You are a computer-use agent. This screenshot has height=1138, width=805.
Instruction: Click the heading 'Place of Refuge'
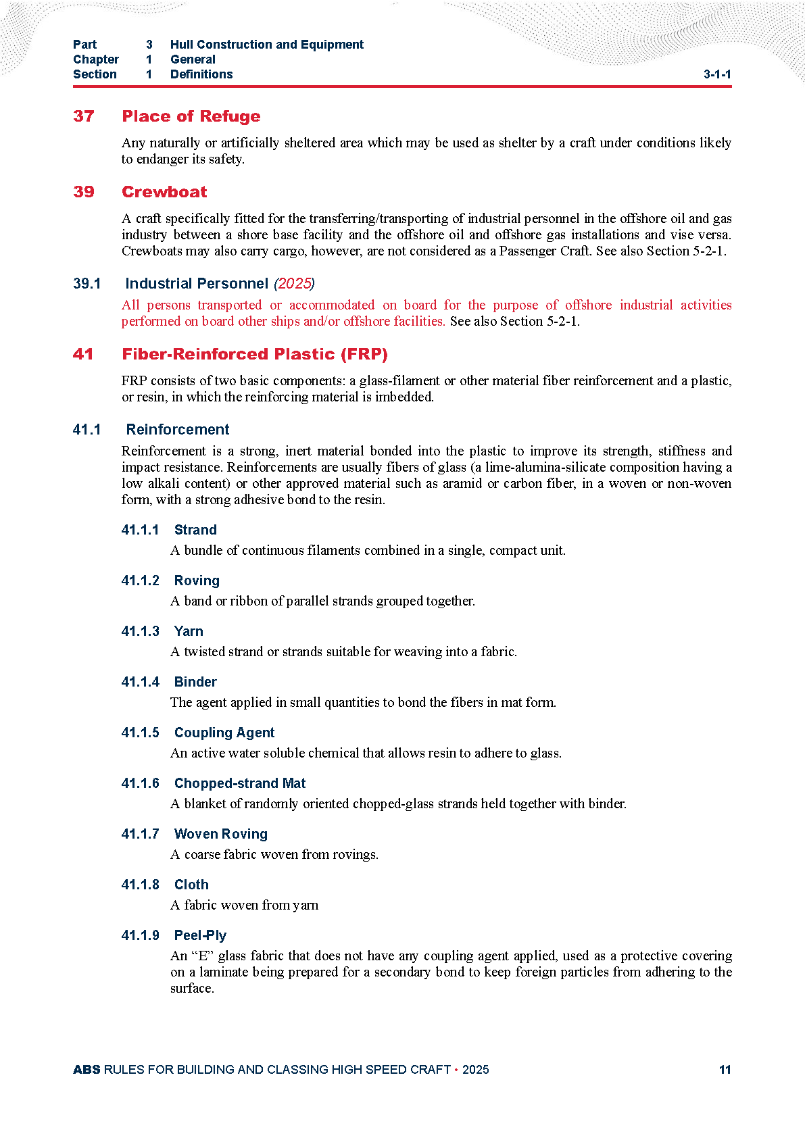191,116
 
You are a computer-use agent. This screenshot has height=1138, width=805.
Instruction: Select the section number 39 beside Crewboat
84,192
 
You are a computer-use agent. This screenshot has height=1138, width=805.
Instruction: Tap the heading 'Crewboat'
164,192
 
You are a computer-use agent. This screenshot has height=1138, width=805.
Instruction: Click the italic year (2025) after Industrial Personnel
294,284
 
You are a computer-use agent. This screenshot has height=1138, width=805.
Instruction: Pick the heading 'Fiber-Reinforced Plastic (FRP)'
255,354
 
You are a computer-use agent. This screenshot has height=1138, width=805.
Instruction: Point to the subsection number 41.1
87,430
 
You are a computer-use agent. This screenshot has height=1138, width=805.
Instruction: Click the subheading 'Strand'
195,530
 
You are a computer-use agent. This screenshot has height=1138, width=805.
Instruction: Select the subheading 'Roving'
197,580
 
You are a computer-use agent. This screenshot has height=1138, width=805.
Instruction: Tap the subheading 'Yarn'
189,631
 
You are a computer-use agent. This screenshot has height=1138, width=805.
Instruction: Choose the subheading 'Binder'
195,682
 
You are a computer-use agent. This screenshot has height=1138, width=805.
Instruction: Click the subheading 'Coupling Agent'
224,733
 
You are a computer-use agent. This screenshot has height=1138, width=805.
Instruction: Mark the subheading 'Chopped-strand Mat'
240,783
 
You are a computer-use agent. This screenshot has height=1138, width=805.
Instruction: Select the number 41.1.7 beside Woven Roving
141,834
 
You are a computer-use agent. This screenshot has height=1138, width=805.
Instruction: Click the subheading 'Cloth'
191,885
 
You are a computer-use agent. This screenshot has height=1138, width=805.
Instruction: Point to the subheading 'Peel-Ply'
200,935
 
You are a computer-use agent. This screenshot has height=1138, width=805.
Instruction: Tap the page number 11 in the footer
725,1070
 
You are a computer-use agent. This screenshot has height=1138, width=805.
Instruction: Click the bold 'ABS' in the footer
87,1070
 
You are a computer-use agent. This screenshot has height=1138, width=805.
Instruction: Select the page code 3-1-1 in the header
717,74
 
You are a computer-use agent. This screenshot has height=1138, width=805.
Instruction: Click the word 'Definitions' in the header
201,74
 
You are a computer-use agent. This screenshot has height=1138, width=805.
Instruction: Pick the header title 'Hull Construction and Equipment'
267,45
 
